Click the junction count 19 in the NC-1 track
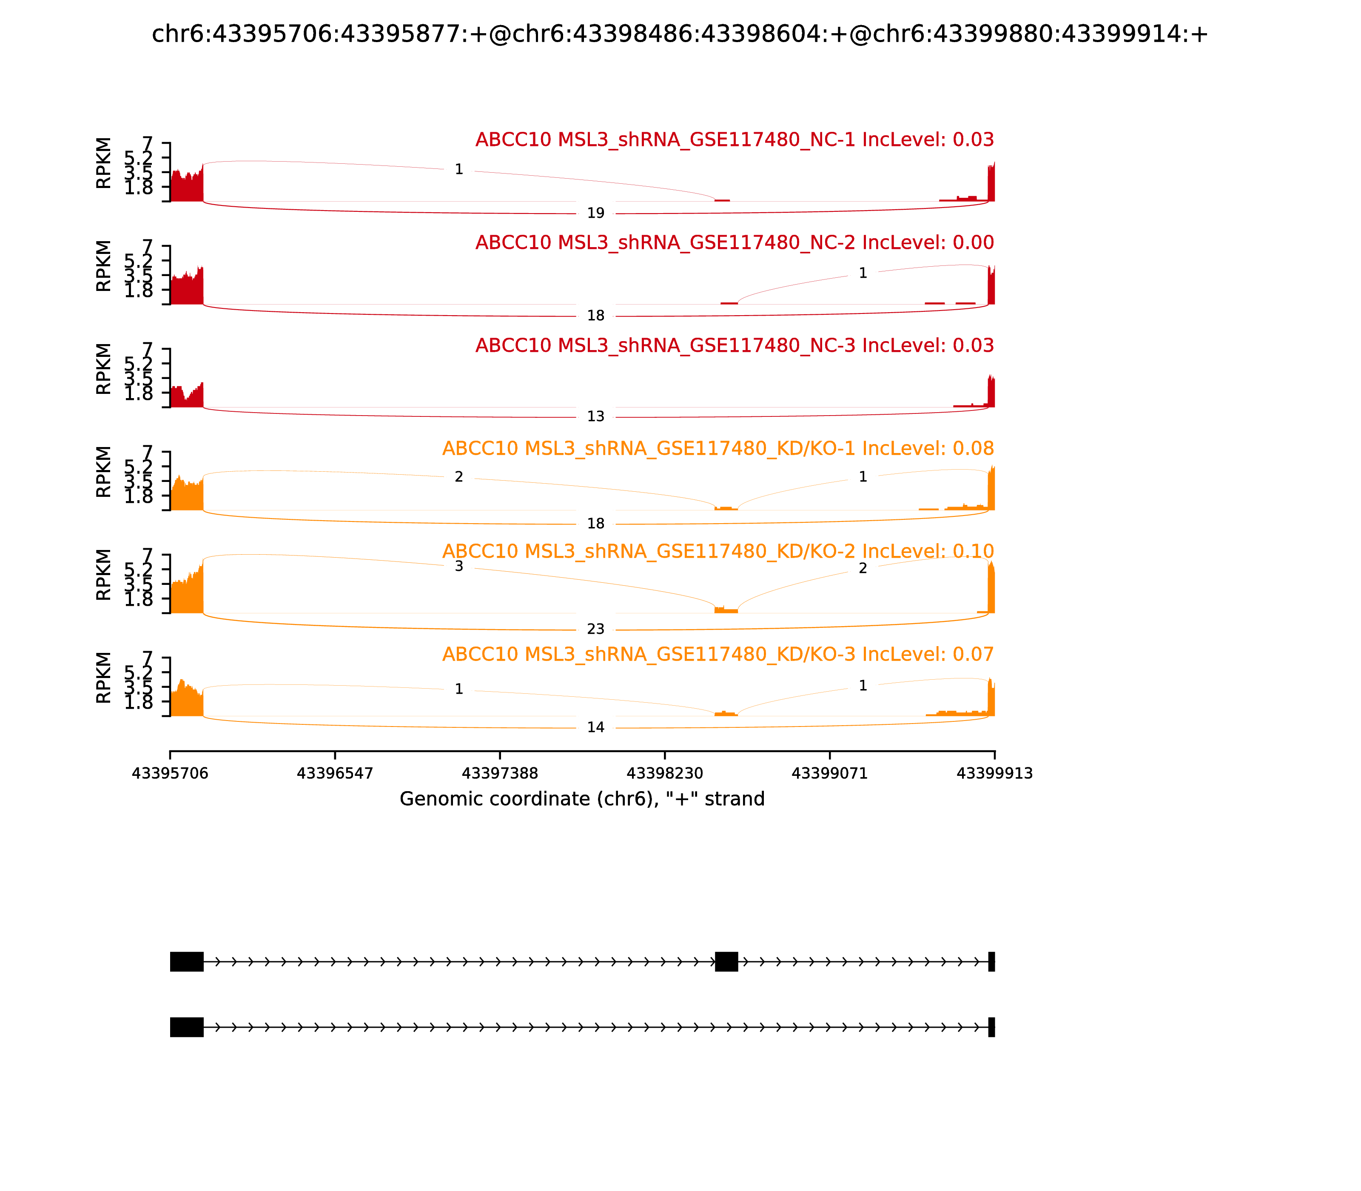click(x=595, y=214)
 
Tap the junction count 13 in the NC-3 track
click(x=595, y=417)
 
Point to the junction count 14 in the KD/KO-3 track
click(x=595, y=727)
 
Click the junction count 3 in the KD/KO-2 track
click(x=458, y=566)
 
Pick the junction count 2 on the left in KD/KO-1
click(x=458, y=476)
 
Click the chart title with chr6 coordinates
click(x=680, y=34)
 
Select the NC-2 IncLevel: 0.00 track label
click(x=735, y=242)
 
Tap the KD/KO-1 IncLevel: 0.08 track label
click(x=718, y=449)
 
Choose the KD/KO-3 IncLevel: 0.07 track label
click(x=718, y=654)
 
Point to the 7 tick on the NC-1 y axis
click(x=148, y=144)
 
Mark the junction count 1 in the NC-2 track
click(x=863, y=273)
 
